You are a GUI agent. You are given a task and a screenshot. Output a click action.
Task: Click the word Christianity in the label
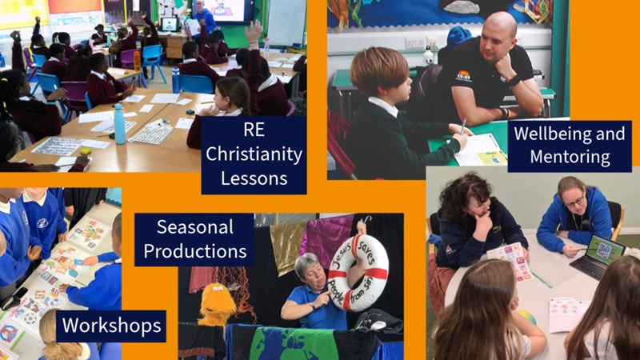pos(254,154)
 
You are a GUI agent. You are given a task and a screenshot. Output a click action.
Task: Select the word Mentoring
pos(570,157)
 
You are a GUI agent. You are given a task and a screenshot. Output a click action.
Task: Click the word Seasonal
pos(195,227)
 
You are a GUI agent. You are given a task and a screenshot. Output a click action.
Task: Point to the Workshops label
pos(111,326)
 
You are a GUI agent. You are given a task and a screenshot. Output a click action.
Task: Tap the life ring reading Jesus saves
pos(358,272)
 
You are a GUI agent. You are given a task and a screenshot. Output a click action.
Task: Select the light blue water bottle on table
pos(119,124)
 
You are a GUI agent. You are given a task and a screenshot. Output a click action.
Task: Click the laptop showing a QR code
pos(597,256)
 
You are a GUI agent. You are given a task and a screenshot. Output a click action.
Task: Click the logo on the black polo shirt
pos(463,76)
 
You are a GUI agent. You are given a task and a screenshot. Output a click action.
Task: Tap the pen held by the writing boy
pos(463,127)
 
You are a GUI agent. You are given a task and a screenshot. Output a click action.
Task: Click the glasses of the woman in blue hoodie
pos(574,202)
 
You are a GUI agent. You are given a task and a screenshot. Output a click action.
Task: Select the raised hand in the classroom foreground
pos(254,31)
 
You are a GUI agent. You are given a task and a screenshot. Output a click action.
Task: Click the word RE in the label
pos(254,130)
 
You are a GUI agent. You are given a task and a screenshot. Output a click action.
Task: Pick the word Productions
pos(195,251)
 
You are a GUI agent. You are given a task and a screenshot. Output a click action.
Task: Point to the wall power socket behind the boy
pos(415,42)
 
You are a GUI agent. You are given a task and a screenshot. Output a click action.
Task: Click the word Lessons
pos(254,178)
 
